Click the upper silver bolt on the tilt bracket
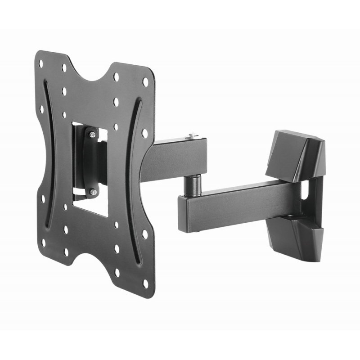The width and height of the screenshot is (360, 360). pyautogui.click(x=92, y=135)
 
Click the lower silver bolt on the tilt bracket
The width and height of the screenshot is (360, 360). pyautogui.click(x=93, y=192)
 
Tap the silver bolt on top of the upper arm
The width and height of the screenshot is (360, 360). pyautogui.click(x=193, y=135)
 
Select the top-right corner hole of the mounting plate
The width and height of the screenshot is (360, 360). pyautogui.click(x=145, y=82)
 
